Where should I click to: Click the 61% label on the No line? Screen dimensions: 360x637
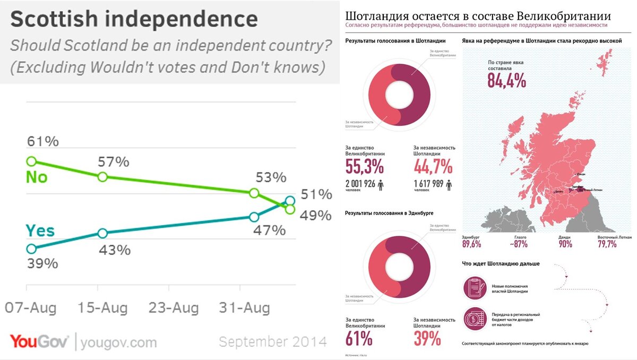43,142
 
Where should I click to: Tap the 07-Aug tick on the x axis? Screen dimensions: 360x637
30,308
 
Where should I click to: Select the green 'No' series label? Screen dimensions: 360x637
37,177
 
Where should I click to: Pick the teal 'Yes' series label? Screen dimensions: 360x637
40,231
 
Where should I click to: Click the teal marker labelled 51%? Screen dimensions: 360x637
289,201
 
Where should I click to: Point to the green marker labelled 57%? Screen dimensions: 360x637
103,177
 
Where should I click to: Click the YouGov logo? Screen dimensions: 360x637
39,341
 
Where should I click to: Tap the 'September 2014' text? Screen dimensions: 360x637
272,341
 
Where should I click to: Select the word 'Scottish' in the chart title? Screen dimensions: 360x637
54,20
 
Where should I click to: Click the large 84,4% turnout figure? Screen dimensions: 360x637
506,81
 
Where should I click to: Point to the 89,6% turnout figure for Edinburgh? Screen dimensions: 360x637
471,244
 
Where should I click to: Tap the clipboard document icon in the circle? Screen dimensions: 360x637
474,287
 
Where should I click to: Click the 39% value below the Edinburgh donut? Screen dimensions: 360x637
427,338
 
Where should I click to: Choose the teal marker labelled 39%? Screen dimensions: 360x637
31,248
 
